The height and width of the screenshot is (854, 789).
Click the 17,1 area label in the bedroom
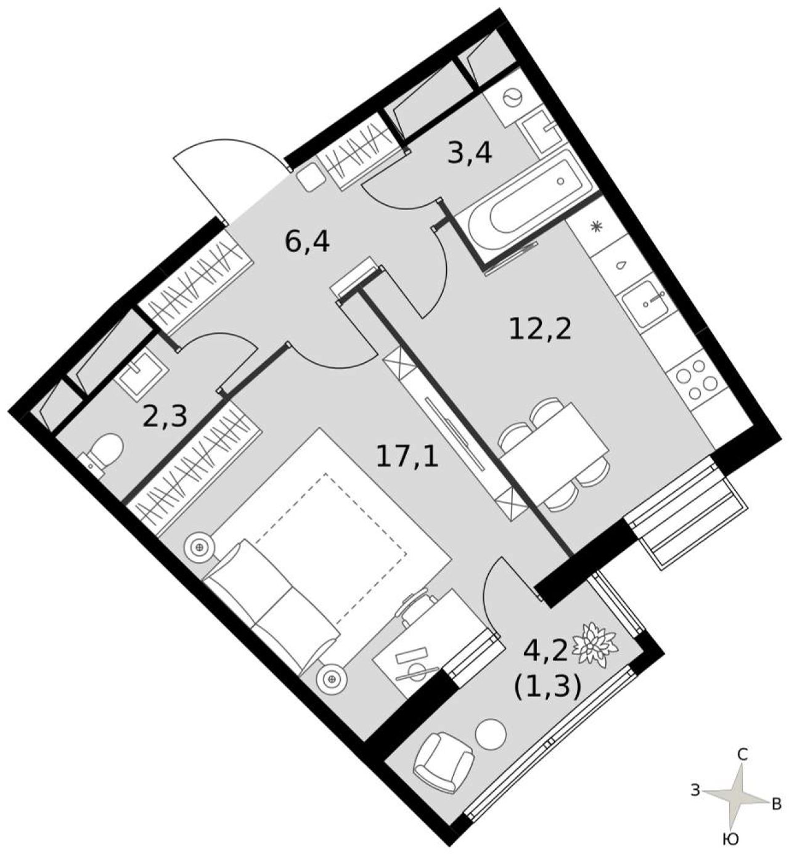407,457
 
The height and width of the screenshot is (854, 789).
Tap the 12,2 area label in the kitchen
540,330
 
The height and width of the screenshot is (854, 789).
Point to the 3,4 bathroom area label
469,153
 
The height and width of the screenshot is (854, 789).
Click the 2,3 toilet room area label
165,417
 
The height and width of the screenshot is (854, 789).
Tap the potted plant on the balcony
595,644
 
